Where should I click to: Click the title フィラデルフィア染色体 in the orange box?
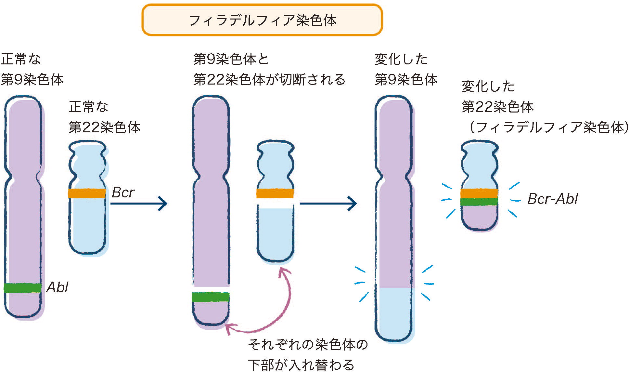coord(262,20)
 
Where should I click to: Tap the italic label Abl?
coord(57,287)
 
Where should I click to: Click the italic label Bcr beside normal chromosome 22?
coord(123,193)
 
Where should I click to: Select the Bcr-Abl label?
coord(552,199)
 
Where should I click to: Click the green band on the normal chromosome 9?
coord(23,288)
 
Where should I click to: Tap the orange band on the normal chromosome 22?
coord(87,193)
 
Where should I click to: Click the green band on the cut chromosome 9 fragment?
coord(211,297)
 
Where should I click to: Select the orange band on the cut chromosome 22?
coord(275,193)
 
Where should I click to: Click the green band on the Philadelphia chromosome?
coord(479,202)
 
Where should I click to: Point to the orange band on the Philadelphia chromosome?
coord(479,193)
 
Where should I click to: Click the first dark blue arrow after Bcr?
coord(139,204)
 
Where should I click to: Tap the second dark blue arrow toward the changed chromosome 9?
coord(328,204)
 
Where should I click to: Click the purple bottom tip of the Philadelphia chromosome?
coord(479,218)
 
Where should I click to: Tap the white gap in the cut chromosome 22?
coord(275,204)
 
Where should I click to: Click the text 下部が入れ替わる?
coord(301,365)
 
